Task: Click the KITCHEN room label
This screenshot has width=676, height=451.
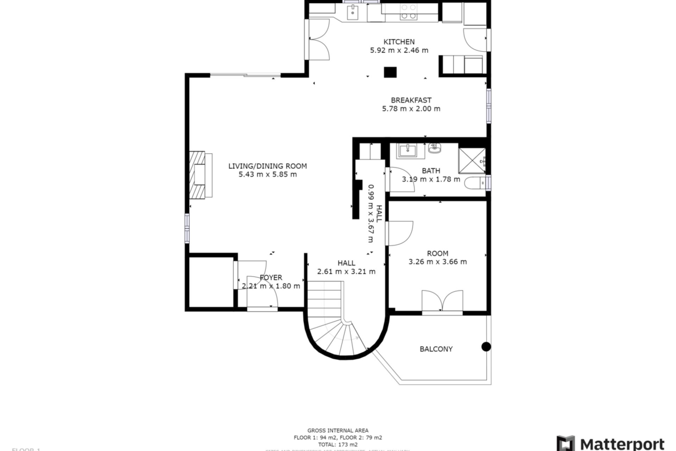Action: coord(399,42)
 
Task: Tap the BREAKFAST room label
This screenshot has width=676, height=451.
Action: coord(411,100)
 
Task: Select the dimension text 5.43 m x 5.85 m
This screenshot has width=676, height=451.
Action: coord(268,174)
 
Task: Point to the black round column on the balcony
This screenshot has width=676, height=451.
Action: coord(486,347)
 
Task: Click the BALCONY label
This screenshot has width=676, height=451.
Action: coord(436,349)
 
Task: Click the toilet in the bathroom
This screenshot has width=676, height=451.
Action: coord(475,183)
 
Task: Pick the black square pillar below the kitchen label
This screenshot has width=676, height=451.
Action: coord(390,72)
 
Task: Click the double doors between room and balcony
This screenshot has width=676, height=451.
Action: coord(442,302)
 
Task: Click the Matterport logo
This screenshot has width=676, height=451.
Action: coord(611,443)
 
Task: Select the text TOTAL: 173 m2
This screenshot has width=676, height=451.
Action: coord(338,445)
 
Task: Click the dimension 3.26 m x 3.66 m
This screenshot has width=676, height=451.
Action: coord(438,262)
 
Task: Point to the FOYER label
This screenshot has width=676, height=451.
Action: coord(271,278)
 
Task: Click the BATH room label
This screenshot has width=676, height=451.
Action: coord(431,171)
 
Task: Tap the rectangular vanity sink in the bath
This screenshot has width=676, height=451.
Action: coord(407,151)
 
